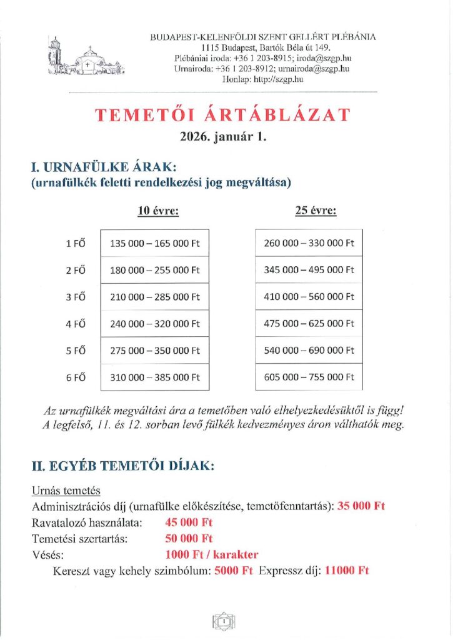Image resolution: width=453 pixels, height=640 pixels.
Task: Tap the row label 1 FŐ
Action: (75, 243)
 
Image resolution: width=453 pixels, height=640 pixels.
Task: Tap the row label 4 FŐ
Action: (75, 324)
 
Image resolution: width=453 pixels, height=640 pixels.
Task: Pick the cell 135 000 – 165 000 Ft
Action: (154, 243)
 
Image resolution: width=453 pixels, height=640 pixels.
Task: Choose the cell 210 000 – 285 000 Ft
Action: (154, 297)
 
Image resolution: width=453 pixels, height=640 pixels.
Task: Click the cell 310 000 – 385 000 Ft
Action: (154, 377)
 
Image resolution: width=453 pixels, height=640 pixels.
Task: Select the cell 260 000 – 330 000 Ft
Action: (309, 243)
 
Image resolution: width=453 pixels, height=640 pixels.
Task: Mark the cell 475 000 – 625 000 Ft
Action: (309, 324)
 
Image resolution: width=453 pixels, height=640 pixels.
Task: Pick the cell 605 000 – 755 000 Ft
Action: (309, 377)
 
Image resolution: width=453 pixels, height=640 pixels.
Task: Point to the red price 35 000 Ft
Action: (361, 506)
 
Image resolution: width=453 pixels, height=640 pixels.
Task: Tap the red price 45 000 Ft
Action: (189, 522)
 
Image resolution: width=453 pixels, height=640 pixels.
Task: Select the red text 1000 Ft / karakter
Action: (212, 554)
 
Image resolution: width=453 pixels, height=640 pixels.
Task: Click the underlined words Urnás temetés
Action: (66, 491)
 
